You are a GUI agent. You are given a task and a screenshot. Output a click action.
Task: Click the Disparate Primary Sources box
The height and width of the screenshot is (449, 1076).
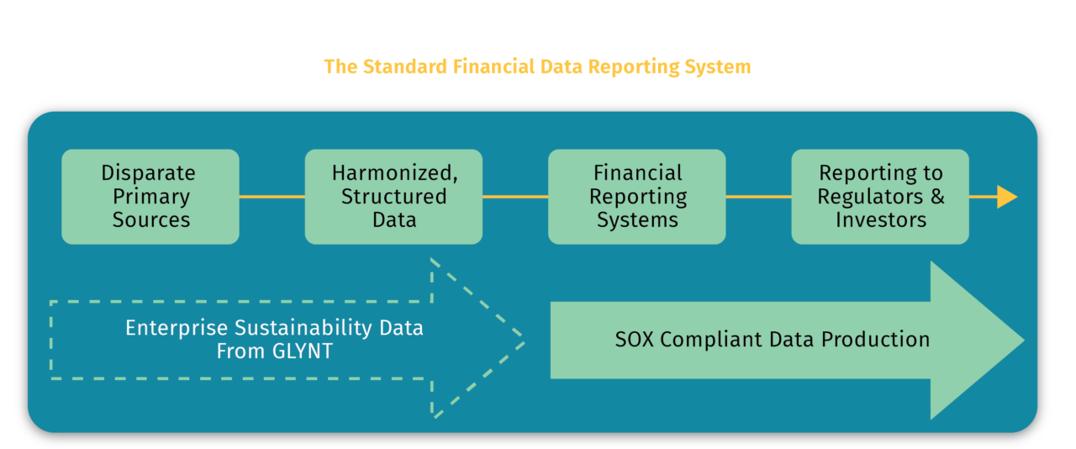point(150,197)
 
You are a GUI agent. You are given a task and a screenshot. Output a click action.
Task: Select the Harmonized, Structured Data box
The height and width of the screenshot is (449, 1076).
point(393,197)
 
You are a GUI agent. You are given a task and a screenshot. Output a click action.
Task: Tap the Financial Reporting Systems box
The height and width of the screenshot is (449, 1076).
point(637,197)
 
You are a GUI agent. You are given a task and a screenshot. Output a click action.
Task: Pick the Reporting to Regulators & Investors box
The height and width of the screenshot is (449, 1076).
point(880,197)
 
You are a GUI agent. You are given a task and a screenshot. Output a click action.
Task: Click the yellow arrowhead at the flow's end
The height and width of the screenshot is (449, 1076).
point(1006,197)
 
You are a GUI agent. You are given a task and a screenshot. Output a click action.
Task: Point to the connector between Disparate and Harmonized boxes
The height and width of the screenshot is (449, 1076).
point(272,197)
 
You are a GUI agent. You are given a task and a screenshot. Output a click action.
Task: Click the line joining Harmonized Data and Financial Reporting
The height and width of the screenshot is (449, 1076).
point(515,197)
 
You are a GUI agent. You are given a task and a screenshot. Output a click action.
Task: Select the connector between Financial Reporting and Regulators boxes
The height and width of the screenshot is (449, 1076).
point(758,197)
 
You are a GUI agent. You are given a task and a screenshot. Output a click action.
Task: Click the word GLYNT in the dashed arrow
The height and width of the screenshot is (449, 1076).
point(299,351)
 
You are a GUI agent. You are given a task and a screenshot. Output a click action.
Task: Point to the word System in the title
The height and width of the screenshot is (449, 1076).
point(720,66)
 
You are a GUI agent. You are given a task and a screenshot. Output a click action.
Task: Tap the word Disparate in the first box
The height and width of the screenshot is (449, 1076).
point(148,173)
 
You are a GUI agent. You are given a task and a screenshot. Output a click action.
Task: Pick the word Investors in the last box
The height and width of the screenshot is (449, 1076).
point(880,220)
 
